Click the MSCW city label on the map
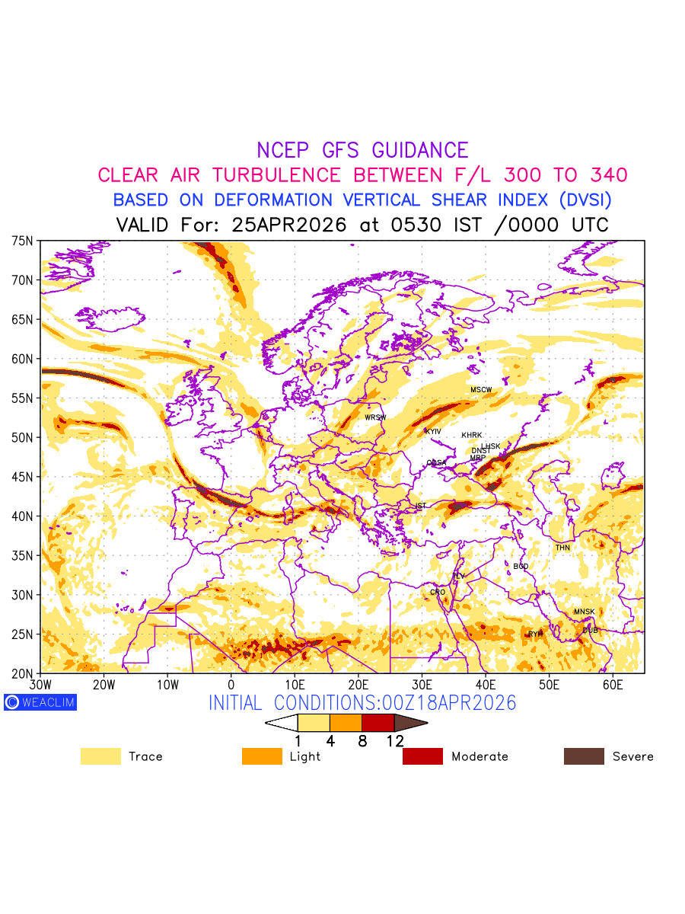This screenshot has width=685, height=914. (481, 390)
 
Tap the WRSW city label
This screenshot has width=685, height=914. (375, 417)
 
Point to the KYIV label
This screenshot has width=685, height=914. (433, 431)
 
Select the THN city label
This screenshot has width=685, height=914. (562, 548)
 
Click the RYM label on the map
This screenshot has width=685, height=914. (536, 634)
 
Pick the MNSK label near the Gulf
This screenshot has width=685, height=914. (585, 612)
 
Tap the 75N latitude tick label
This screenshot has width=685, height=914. (23, 241)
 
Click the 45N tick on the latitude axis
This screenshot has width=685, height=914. (23, 477)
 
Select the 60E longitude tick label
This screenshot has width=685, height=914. (613, 685)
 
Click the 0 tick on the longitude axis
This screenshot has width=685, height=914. (231, 685)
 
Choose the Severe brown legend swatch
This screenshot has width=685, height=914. (584, 756)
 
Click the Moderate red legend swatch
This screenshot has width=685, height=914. (422, 756)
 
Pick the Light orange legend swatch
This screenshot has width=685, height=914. (262, 756)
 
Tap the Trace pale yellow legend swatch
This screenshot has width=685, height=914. (100, 756)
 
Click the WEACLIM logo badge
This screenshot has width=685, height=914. (40, 702)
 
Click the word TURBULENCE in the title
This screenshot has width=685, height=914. (276, 175)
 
